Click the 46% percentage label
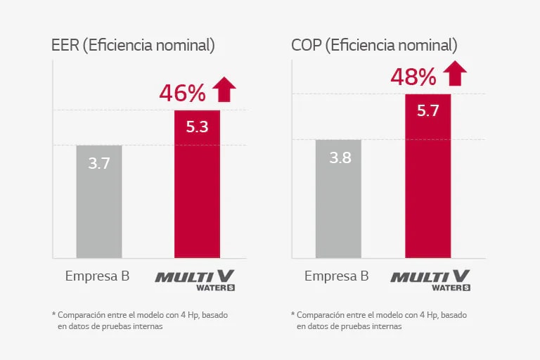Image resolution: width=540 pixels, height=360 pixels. pyautogui.click(x=182, y=93)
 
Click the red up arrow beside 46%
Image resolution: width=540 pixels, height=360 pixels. pyautogui.click(x=224, y=90)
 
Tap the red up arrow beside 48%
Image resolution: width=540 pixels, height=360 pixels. pyautogui.click(x=455, y=73)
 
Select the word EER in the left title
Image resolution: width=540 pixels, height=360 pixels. pyautogui.click(x=65, y=46)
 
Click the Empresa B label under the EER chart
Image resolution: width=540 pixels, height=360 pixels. pyautogui.click(x=97, y=276)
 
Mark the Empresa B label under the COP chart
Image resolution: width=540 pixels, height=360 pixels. pyautogui.click(x=336, y=276)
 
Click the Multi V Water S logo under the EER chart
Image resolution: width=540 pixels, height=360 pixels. pyautogui.click(x=195, y=278)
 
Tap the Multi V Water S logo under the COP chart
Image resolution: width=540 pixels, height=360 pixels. pyautogui.click(x=430, y=278)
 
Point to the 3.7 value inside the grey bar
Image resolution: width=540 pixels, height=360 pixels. pyautogui.click(x=99, y=164)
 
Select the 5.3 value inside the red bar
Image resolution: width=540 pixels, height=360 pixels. pyautogui.click(x=197, y=127)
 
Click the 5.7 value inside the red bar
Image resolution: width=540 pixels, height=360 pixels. pyautogui.click(x=427, y=110)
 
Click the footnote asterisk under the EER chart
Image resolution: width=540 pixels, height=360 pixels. pyautogui.click(x=53, y=314)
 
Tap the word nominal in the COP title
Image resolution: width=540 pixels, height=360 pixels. pyautogui.click(x=426, y=46)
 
